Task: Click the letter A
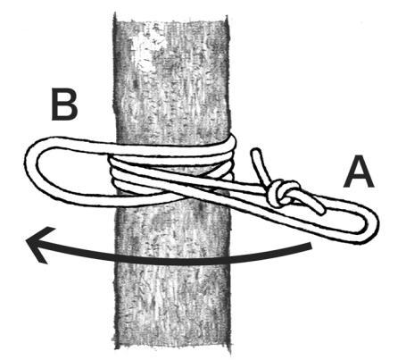pos(359,173)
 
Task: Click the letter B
pos(64,105)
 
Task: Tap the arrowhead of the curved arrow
pos(38,244)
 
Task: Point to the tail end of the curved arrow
pos(311,246)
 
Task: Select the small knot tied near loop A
pos(282,193)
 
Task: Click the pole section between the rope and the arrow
pos(172,230)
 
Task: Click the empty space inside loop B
pos(74,172)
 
